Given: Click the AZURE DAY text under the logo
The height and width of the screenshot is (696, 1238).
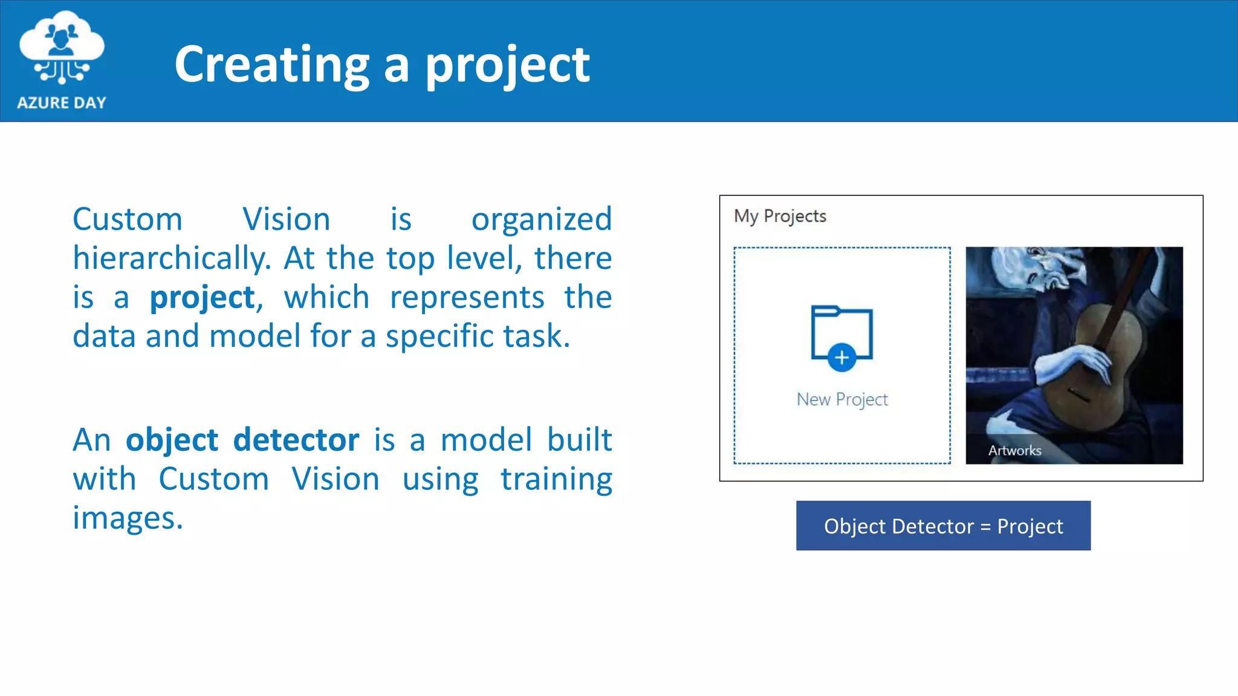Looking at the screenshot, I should (x=62, y=103).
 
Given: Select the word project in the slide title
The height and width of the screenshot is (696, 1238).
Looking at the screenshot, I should (x=507, y=65).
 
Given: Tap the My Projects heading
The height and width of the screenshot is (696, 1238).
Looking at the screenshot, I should (x=780, y=216).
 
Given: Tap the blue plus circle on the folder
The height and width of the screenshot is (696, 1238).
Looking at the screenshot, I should (x=841, y=358).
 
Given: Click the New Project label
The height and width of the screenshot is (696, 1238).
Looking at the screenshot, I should (x=842, y=399).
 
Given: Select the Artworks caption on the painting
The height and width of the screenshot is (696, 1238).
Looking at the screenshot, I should (x=1014, y=451).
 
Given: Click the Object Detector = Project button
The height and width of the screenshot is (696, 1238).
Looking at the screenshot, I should (x=943, y=526).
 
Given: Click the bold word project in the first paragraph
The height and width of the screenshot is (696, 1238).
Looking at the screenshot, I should (x=203, y=298).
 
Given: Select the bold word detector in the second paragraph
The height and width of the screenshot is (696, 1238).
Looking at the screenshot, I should (x=296, y=440).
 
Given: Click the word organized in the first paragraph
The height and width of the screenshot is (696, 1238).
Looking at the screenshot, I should (x=541, y=219).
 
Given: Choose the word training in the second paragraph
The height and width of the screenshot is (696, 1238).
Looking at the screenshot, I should (x=556, y=480).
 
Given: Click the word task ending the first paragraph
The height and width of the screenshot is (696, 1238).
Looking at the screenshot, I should (x=534, y=337).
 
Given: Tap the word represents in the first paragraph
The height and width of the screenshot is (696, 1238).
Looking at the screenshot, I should (x=467, y=298).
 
